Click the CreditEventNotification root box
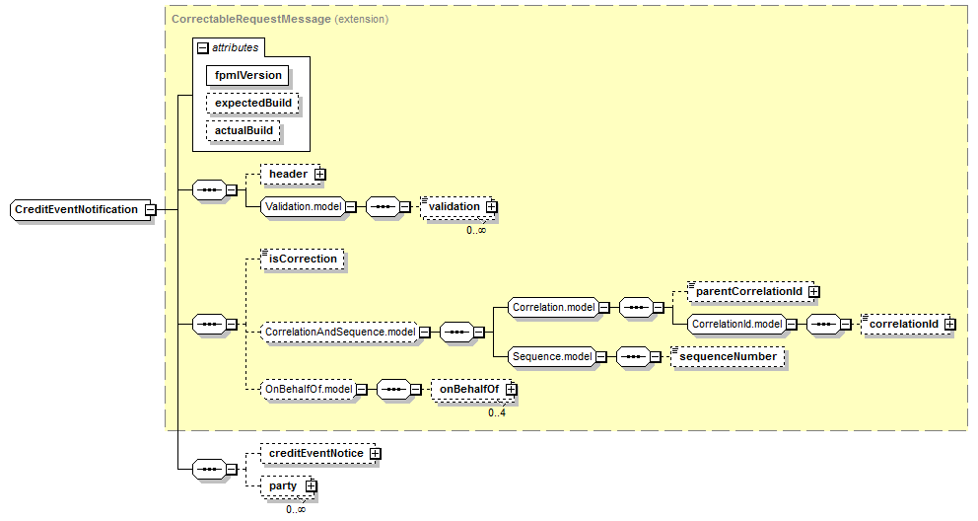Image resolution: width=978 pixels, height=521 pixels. pyautogui.click(x=76, y=209)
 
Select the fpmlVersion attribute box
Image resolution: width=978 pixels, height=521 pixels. pyautogui.click(x=248, y=75)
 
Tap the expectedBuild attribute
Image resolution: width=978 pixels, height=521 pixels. pyautogui.click(x=252, y=103)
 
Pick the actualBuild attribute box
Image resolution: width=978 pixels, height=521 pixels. pyautogui.click(x=244, y=130)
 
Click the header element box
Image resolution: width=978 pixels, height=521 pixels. pyautogui.click(x=288, y=175)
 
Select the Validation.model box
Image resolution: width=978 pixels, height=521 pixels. pyautogui.click(x=303, y=207)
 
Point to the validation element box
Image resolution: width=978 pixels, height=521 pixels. pyautogui.click(x=453, y=207)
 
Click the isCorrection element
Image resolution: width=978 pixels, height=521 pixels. pyautogui.click(x=303, y=259)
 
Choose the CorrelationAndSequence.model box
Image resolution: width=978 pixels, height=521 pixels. pyautogui.click(x=339, y=333)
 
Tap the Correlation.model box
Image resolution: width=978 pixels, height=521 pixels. pyautogui.click(x=553, y=308)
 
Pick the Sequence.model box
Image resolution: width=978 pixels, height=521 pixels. pyautogui.click(x=551, y=356)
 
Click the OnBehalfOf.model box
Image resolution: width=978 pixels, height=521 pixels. pyautogui.click(x=308, y=390)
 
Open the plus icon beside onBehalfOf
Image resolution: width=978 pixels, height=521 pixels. pyautogui.click(x=511, y=390)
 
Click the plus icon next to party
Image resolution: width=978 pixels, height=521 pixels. pyautogui.click(x=311, y=485)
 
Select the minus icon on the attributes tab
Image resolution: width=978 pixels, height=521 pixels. pyautogui.click(x=203, y=47)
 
